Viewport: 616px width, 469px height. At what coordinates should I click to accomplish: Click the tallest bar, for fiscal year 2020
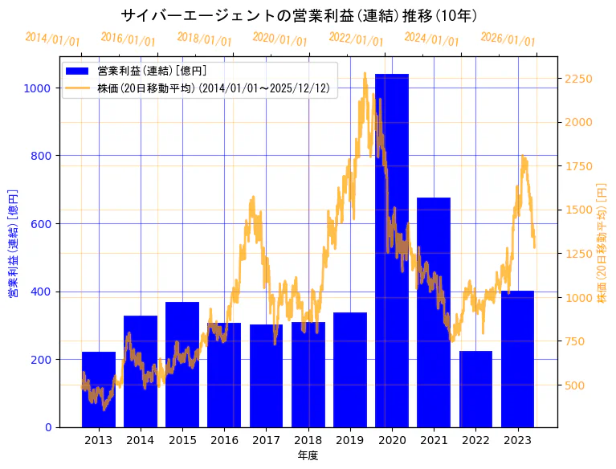(x=392, y=250)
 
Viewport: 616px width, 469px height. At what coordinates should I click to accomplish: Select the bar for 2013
(x=99, y=389)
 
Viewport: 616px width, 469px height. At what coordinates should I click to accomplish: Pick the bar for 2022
(x=475, y=389)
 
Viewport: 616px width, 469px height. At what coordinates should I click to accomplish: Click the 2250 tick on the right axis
(x=578, y=79)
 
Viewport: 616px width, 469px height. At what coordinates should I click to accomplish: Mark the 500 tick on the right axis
(x=575, y=385)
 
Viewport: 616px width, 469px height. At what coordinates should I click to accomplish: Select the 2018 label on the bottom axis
(x=308, y=440)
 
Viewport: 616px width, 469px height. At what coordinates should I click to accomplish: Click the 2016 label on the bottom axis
(x=224, y=440)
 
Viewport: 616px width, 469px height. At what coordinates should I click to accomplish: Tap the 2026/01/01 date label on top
(x=508, y=39)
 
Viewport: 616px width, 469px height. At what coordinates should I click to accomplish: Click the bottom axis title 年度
(x=308, y=455)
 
